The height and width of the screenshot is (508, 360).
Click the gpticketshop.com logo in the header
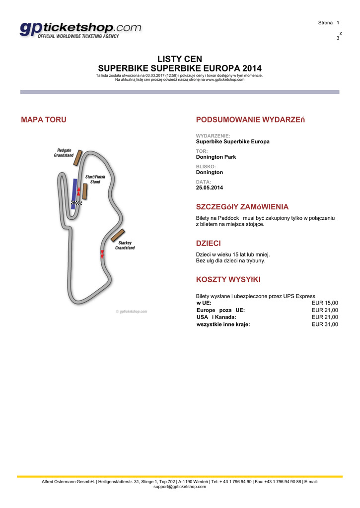click(80, 31)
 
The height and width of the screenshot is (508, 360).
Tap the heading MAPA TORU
click(43, 120)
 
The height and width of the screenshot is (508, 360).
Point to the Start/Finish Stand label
click(94, 179)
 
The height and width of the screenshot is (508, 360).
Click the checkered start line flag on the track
click(76, 203)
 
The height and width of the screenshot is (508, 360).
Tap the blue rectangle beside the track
click(73, 192)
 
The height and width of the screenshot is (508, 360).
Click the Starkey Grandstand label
click(125, 245)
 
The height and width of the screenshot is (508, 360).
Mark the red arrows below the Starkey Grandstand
click(102, 254)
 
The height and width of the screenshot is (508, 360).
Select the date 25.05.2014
click(210, 188)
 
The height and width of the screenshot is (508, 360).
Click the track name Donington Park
click(216, 157)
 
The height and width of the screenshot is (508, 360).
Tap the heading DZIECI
click(209, 244)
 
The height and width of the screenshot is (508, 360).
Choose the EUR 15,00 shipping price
click(325, 303)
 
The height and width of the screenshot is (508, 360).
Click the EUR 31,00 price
click(325, 324)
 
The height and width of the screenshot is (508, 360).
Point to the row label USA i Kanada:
click(216, 317)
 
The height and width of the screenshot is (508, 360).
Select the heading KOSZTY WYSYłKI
click(228, 279)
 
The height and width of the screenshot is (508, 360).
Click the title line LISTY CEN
click(180, 59)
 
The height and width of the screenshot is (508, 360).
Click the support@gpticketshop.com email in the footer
click(180, 487)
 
